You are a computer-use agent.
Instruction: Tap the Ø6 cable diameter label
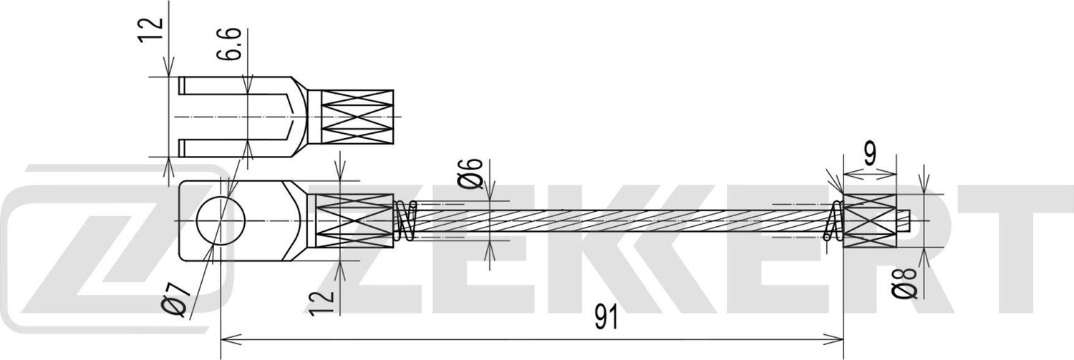click(x=470, y=174)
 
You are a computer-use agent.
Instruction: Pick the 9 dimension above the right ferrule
click(x=869, y=155)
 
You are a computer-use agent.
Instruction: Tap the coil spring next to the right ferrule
click(x=834, y=221)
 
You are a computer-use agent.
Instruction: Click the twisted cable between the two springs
click(x=616, y=221)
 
